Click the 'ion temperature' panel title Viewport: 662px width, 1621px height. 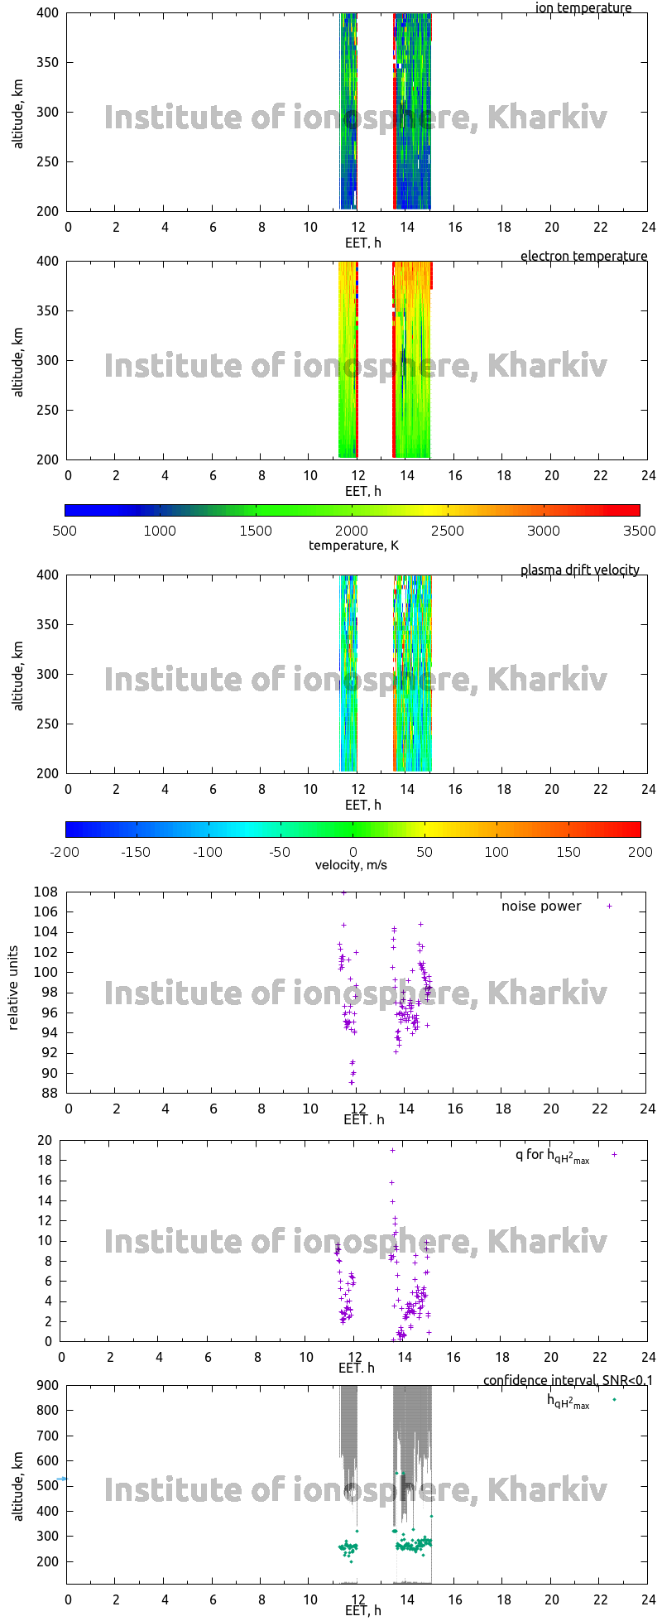click(583, 8)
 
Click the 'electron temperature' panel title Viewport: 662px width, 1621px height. click(583, 257)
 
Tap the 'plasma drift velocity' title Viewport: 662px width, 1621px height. click(579, 570)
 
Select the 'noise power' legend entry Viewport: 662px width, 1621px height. click(541, 907)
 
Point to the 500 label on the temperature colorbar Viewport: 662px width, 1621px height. click(65, 532)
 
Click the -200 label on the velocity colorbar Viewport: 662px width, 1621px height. click(65, 852)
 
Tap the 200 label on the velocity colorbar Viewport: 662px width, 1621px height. click(640, 852)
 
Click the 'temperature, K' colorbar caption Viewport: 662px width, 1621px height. click(353, 546)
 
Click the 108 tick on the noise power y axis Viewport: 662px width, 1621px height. click(46, 892)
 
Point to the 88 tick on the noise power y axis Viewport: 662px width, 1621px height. click(50, 1094)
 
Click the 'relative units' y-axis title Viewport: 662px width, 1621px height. click(13, 992)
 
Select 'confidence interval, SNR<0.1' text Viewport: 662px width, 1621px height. click(568, 1381)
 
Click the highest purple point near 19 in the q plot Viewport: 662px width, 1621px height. click(393, 1150)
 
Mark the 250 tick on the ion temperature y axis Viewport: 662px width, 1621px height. click(48, 161)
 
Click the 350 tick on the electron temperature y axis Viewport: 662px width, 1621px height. click(48, 311)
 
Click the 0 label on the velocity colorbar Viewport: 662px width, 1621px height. click(353, 852)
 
